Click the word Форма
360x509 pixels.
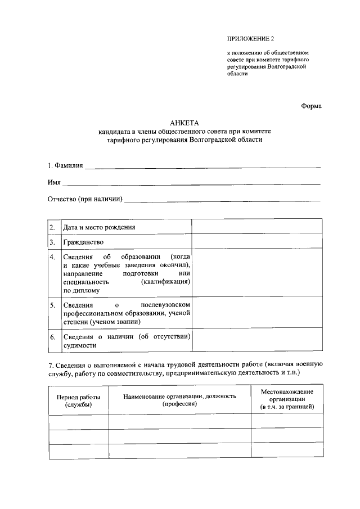pyautogui.click(x=311, y=105)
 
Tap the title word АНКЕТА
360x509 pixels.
pyautogui.click(x=184, y=123)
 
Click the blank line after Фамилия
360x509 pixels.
pyautogui.click(x=202, y=166)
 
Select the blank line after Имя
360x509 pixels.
pyautogui.click(x=191, y=183)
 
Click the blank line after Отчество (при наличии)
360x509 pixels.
pyautogui.click(x=222, y=200)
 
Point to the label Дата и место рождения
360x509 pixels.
pyautogui.click(x=100, y=227)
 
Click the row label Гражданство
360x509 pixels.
pyautogui.click(x=84, y=242)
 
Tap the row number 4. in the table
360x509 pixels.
pyautogui.click(x=52, y=258)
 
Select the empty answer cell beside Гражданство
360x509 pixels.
pyautogui.click(x=257, y=242)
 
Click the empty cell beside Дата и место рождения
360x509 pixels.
pyautogui.click(x=257, y=227)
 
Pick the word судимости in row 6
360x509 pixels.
pyautogui.click(x=78, y=346)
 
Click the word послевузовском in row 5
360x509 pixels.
pyautogui.click(x=166, y=305)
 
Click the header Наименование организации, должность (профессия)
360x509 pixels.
pyautogui.click(x=179, y=400)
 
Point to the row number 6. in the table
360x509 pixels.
pyautogui.click(x=52, y=337)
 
